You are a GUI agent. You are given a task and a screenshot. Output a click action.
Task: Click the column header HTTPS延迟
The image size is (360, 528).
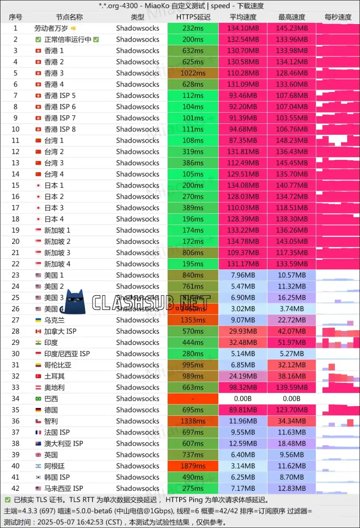point(193,17)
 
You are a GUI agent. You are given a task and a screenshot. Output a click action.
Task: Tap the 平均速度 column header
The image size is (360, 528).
point(243,17)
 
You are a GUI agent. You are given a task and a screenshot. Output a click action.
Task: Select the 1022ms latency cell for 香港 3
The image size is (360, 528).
point(193,73)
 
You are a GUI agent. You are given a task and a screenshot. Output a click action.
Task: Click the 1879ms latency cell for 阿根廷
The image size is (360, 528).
point(193,466)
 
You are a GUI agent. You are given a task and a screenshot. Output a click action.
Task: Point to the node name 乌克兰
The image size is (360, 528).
point(54,320)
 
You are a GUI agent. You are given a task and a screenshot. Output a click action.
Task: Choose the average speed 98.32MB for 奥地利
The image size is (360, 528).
point(243,387)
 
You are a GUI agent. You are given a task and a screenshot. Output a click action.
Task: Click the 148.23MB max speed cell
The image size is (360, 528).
point(292,140)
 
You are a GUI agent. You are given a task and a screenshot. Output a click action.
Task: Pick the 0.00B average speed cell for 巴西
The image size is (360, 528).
point(243,398)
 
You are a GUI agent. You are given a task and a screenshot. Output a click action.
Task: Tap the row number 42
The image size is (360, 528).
point(16,488)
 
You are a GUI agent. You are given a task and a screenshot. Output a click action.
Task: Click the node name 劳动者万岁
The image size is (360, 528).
point(51,28)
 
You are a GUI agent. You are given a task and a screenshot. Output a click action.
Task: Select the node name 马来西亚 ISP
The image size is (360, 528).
point(64,488)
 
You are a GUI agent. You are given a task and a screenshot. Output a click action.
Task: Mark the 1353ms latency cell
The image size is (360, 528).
point(193,320)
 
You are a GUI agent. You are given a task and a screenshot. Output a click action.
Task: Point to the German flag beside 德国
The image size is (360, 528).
point(38,410)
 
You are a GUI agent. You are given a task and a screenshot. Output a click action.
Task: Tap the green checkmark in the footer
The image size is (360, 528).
point(8,500)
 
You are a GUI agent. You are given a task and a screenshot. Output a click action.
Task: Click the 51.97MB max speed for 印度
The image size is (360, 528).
point(292,343)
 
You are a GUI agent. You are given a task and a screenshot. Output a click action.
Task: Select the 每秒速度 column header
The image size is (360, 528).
point(338,17)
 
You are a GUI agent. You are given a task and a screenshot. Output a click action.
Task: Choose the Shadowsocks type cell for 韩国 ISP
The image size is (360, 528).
point(138,477)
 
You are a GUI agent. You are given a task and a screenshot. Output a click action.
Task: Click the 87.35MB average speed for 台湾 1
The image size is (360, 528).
point(243,140)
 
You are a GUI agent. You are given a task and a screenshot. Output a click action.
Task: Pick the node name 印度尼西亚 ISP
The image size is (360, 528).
point(67,354)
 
